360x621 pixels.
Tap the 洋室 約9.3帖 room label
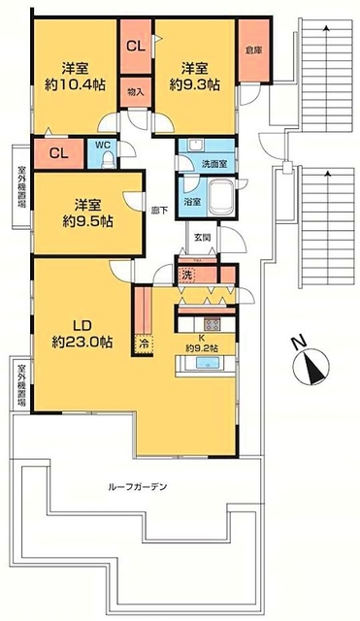tap(194, 77)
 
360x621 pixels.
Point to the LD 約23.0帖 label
tap(81, 333)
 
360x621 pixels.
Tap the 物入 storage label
tap(135, 92)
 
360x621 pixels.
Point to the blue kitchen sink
tap(206, 364)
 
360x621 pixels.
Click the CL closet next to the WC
tap(57, 152)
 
